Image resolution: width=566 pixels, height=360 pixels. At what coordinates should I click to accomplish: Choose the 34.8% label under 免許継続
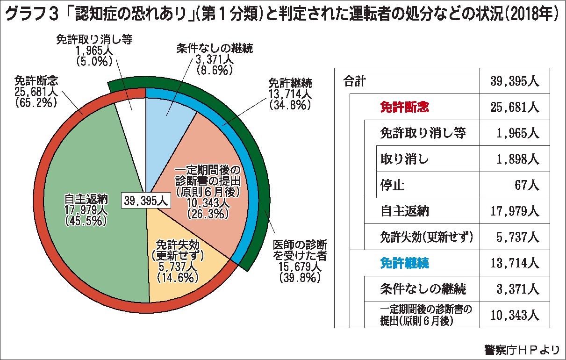pos(290,105)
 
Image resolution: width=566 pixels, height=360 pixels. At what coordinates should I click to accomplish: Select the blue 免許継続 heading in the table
pos(405,263)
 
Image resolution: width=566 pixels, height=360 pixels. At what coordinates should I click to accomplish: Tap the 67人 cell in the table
pos(527,185)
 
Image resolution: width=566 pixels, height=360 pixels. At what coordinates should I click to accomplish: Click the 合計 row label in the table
pos(354,81)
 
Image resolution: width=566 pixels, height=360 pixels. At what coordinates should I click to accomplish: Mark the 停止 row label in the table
pos(393,185)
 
